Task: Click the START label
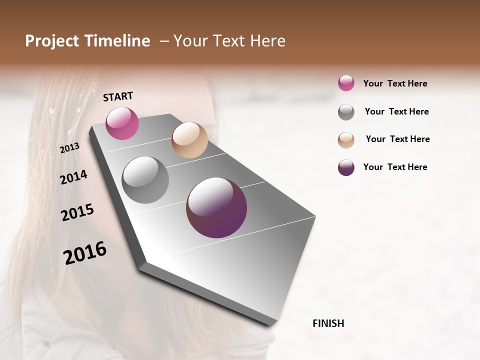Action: pos(118,96)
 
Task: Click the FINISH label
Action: pos(328,323)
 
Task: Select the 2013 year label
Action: pos(69,148)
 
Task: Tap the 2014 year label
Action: pos(73,177)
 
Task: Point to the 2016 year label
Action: pos(85,253)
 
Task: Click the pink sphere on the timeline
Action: pos(122,123)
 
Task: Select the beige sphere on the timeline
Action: pos(189,140)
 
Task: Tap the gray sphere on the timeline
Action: pos(145,180)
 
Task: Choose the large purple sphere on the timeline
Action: pos(216,207)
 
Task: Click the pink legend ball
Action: pos(346,83)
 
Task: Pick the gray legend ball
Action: pos(346,112)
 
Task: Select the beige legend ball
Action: pos(346,139)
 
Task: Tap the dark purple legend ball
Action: pos(346,167)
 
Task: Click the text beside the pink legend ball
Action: pos(395,83)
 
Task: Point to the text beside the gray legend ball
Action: pos(396,111)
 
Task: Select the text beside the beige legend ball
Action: pos(397,139)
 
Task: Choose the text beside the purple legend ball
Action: pos(395,167)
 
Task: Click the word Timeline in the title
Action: pos(117,41)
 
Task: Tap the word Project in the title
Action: pos(52,41)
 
